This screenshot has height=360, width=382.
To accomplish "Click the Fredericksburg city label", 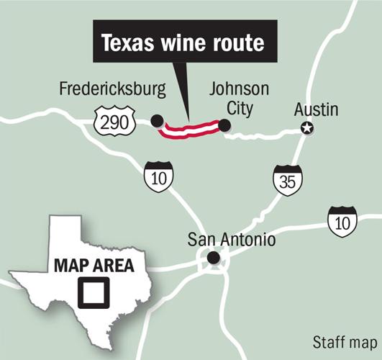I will point(113,90).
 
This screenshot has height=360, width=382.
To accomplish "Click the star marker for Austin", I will point(307,128).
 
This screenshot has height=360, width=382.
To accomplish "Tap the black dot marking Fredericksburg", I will point(158,121).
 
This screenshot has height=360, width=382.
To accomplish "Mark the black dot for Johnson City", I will point(224,126).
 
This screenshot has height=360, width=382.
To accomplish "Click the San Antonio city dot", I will point(213,258).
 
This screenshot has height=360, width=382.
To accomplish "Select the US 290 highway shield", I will point(115,123).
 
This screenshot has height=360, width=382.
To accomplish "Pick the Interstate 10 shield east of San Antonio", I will point(342,222).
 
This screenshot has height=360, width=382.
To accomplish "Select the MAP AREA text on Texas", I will point(94,265).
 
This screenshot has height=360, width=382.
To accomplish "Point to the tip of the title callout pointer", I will point(188,120).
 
